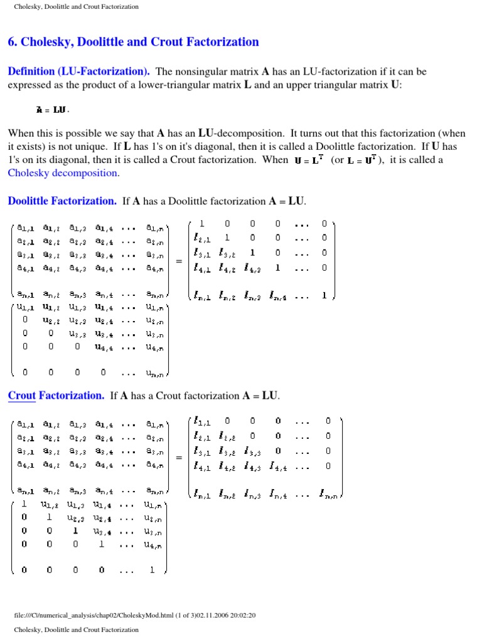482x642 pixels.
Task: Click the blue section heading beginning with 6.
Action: [133, 42]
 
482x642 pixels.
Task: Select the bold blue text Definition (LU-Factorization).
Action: [78, 71]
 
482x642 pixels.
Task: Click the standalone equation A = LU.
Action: [53, 110]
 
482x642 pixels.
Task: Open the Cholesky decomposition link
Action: [63, 173]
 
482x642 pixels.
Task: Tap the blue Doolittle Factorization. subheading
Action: [62, 201]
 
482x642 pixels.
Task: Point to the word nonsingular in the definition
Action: [212, 71]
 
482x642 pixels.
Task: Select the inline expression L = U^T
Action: [365, 160]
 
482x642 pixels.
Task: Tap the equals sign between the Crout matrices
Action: [179, 458]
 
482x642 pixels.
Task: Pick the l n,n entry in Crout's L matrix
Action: [329, 493]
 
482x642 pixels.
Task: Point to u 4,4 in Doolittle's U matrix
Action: [102, 345]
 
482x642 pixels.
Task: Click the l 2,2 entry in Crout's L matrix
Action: [228, 436]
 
